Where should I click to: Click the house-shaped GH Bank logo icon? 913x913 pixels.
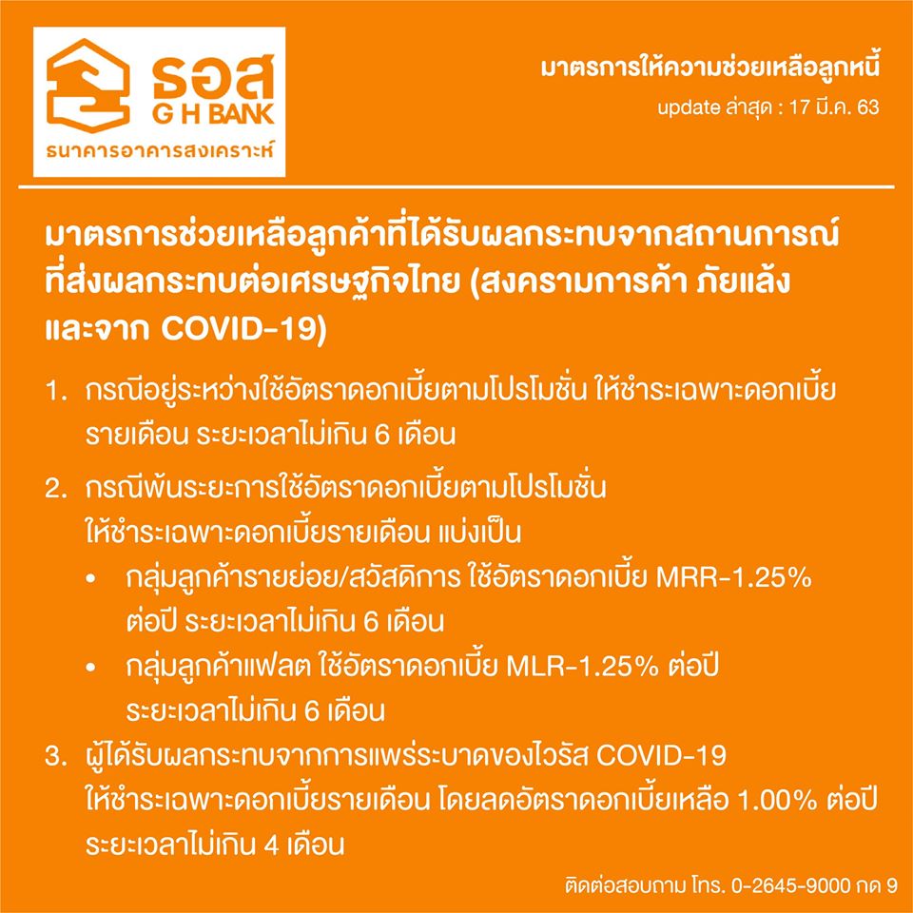click(x=88, y=86)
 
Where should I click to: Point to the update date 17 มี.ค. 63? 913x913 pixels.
click(x=834, y=107)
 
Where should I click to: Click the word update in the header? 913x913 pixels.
click(x=689, y=108)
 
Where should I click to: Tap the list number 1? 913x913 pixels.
click(x=56, y=391)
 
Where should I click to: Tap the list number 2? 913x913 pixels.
click(x=58, y=489)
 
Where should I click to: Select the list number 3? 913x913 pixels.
click(x=58, y=756)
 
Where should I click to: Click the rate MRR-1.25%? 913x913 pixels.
click(x=733, y=578)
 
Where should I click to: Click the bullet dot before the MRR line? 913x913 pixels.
click(x=89, y=580)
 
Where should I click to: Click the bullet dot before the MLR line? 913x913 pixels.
click(x=89, y=669)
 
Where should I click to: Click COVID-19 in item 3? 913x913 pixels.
click(x=662, y=756)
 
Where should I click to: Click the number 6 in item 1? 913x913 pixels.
click(x=381, y=436)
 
